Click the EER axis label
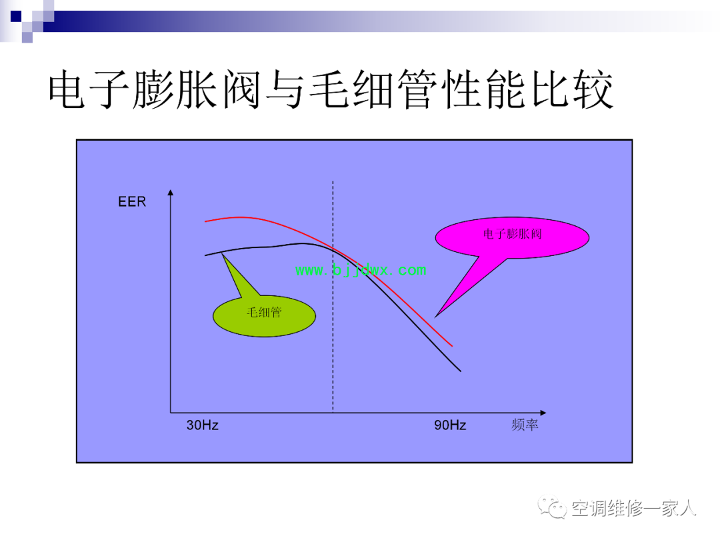tap(132, 201)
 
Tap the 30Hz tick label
tap(202, 425)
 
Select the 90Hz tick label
tap(450, 425)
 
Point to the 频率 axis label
tap(525, 425)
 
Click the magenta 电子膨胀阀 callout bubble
tap(512, 237)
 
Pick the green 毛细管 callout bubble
tap(264, 315)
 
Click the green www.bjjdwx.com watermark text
tap(361, 270)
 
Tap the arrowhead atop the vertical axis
tap(171, 193)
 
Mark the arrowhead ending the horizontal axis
tap(543, 413)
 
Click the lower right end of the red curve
tap(452, 346)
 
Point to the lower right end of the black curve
tap(461, 371)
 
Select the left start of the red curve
tap(205, 222)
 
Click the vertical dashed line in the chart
tap(333, 297)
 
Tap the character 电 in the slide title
tap(67, 89)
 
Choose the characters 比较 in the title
tap(572, 89)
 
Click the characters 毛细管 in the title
tap(373, 89)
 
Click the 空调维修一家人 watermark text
tap(634, 508)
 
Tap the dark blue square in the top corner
tap(16, 17)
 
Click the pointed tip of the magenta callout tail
tap(435, 317)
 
